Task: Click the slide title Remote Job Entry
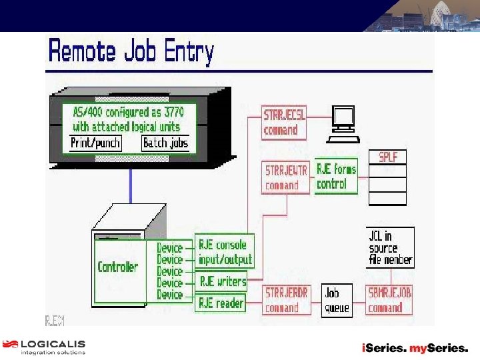[131, 52]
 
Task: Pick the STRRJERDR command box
[286, 300]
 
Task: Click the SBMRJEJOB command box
[389, 300]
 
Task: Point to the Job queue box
[337, 300]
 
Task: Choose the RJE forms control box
[336, 177]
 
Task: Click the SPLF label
[387, 157]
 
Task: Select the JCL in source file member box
[391, 247]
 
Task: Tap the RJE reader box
[221, 303]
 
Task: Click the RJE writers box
[222, 281]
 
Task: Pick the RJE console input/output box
[225, 253]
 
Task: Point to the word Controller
[117, 267]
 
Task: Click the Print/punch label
[96, 143]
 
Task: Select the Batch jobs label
[165, 143]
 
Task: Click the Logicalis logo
[44, 347]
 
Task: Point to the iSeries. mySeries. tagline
[415, 348]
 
